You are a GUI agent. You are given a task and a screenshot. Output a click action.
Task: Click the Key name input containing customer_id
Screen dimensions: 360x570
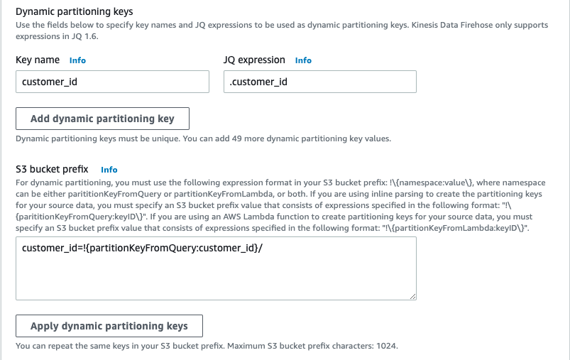pyautogui.click(x=112, y=82)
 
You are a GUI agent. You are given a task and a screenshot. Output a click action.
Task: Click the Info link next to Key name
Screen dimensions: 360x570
pyautogui.click(x=77, y=60)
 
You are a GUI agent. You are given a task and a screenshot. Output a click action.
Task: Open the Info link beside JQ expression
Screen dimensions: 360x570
pyautogui.click(x=303, y=60)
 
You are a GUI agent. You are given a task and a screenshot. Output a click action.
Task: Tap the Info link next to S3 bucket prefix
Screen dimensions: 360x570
pyautogui.click(x=109, y=170)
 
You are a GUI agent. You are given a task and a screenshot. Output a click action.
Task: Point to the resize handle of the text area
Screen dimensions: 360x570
pyautogui.click(x=412, y=295)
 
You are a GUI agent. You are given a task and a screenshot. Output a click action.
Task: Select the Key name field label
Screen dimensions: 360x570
pyautogui.click(x=38, y=60)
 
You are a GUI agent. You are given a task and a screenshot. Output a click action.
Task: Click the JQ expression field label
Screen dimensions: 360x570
pyautogui.click(x=254, y=60)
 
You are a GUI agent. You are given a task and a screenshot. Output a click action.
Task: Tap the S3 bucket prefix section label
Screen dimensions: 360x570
pyautogui.click(x=52, y=169)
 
